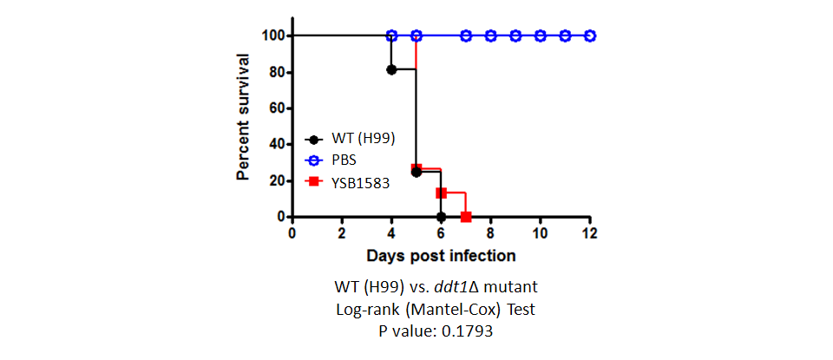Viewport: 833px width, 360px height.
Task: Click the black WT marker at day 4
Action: tap(391, 69)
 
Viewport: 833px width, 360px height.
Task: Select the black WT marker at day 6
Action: tap(441, 217)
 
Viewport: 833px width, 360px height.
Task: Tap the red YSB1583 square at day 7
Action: tap(466, 217)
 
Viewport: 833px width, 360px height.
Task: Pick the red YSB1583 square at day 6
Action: tap(441, 193)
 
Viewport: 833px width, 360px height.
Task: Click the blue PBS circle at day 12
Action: tap(590, 36)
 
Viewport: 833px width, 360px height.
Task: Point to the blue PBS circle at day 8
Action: tap(491, 36)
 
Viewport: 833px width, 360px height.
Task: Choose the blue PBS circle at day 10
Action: tap(541, 36)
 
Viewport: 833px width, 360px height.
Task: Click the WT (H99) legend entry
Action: tap(350, 140)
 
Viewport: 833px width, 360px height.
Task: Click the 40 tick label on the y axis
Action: tap(274, 144)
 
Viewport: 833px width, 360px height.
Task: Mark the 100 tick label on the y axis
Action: tap(271, 36)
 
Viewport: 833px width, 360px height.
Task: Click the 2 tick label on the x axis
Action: tap(342, 233)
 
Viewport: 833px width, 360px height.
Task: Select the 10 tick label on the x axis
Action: tap(541, 233)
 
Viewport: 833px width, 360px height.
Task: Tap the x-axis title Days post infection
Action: tap(441, 256)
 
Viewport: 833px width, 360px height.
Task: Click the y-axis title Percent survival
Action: tap(244, 116)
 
